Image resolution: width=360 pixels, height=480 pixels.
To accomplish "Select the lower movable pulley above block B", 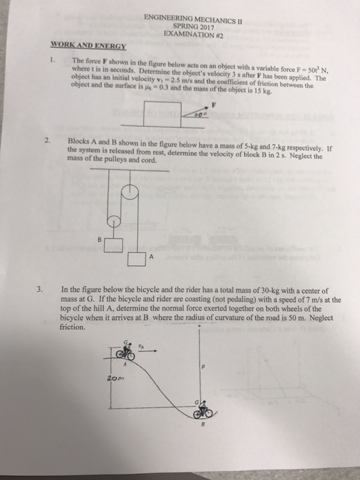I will point(115,221).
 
